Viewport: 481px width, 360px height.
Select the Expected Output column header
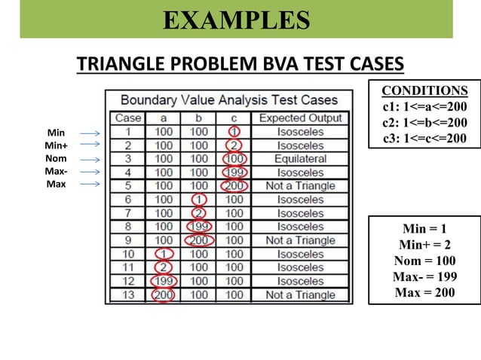coord(300,117)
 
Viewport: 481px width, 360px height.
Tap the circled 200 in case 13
coord(164,294)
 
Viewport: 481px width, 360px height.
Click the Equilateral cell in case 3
coord(300,159)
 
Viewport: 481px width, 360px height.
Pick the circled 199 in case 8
coord(199,227)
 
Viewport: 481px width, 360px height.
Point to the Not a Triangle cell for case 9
coord(300,240)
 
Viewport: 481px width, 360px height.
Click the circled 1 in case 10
coord(164,254)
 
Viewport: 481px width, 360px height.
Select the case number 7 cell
coord(128,213)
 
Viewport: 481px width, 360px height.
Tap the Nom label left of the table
coord(55,159)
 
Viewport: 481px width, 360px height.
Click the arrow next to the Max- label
coord(90,172)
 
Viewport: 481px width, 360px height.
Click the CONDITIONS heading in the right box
coord(424,91)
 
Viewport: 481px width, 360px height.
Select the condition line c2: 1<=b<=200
coord(424,122)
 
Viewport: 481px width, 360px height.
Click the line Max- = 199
coord(424,276)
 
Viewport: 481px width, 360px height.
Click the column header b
coord(199,117)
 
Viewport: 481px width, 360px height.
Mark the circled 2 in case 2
coord(234,145)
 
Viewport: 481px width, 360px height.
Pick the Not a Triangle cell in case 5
coord(300,186)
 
